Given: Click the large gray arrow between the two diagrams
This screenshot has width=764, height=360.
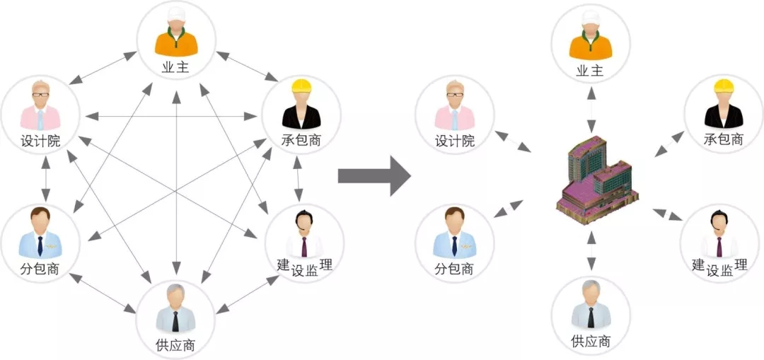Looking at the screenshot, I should pos(373,175).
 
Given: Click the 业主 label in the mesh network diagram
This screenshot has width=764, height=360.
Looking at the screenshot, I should pos(175,69).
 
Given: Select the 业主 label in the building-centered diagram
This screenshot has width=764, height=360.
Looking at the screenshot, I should pos(590,70).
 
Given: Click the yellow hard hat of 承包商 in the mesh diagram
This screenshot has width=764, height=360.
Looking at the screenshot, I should pos(302,87).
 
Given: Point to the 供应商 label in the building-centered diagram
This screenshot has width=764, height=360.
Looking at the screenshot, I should pos(590,342).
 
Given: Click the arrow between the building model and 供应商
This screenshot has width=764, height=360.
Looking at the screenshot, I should pos(590,251).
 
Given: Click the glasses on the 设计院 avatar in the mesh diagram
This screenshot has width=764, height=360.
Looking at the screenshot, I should pos(40,94).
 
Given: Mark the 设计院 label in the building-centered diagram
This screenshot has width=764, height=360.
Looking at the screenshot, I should pos(454,141).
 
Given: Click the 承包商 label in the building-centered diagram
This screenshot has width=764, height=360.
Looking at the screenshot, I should pos(724,140).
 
